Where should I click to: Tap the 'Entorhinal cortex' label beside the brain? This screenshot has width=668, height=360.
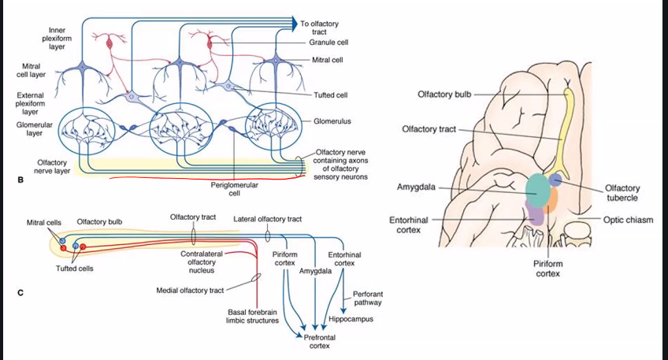pos(409,225)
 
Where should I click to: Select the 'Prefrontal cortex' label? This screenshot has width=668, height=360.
pos(319,341)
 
